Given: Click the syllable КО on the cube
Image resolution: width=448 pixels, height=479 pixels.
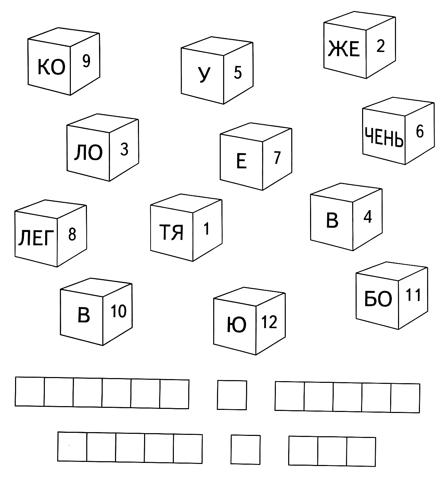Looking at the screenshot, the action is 51,67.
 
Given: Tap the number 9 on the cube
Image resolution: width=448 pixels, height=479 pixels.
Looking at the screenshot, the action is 86,61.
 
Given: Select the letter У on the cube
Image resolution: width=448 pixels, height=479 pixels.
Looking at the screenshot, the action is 204,75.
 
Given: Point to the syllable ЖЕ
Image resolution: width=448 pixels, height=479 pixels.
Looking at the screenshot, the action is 344,49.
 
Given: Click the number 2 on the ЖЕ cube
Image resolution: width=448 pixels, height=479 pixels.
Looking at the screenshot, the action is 381,46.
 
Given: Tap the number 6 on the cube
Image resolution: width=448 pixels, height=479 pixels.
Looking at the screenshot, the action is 420,132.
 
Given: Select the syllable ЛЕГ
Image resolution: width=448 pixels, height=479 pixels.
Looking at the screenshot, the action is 36,238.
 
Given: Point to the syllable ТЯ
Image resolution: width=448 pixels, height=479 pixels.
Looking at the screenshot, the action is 171,232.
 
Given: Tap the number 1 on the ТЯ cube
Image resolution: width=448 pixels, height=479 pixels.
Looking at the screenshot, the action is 206,229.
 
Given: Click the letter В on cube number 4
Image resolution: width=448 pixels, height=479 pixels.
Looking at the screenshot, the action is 332,220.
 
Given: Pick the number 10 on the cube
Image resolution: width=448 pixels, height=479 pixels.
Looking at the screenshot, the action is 118,311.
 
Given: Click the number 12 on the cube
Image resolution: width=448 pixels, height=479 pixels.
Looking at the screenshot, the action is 269,322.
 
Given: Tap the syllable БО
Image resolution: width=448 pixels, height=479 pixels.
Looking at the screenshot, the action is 378,299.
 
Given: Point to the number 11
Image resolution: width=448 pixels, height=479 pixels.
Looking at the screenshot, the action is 413,295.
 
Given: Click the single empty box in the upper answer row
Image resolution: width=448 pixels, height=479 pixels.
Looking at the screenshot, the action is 232,395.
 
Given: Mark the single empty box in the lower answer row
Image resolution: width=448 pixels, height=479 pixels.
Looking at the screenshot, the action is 245,450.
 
